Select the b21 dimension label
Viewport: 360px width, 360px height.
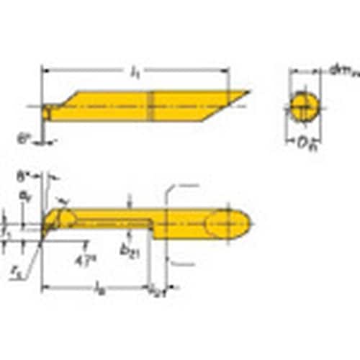[130, 250]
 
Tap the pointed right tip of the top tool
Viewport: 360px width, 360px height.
[248, 92]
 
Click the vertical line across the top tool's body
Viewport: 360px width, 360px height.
[153, 106]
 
